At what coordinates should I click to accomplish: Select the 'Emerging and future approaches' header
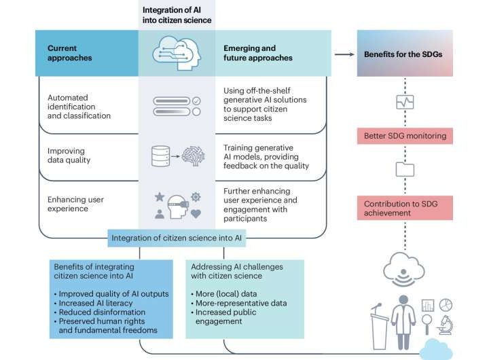point(258,53)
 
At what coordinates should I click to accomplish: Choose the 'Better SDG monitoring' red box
point(404,136)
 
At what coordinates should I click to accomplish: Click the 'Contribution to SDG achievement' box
point(404,208)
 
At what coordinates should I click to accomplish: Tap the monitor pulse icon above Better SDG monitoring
point(405,102)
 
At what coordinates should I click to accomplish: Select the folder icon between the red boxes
point(405,169)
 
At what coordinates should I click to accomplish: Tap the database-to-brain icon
point(177,155)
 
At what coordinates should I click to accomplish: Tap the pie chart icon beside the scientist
point(446,305)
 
